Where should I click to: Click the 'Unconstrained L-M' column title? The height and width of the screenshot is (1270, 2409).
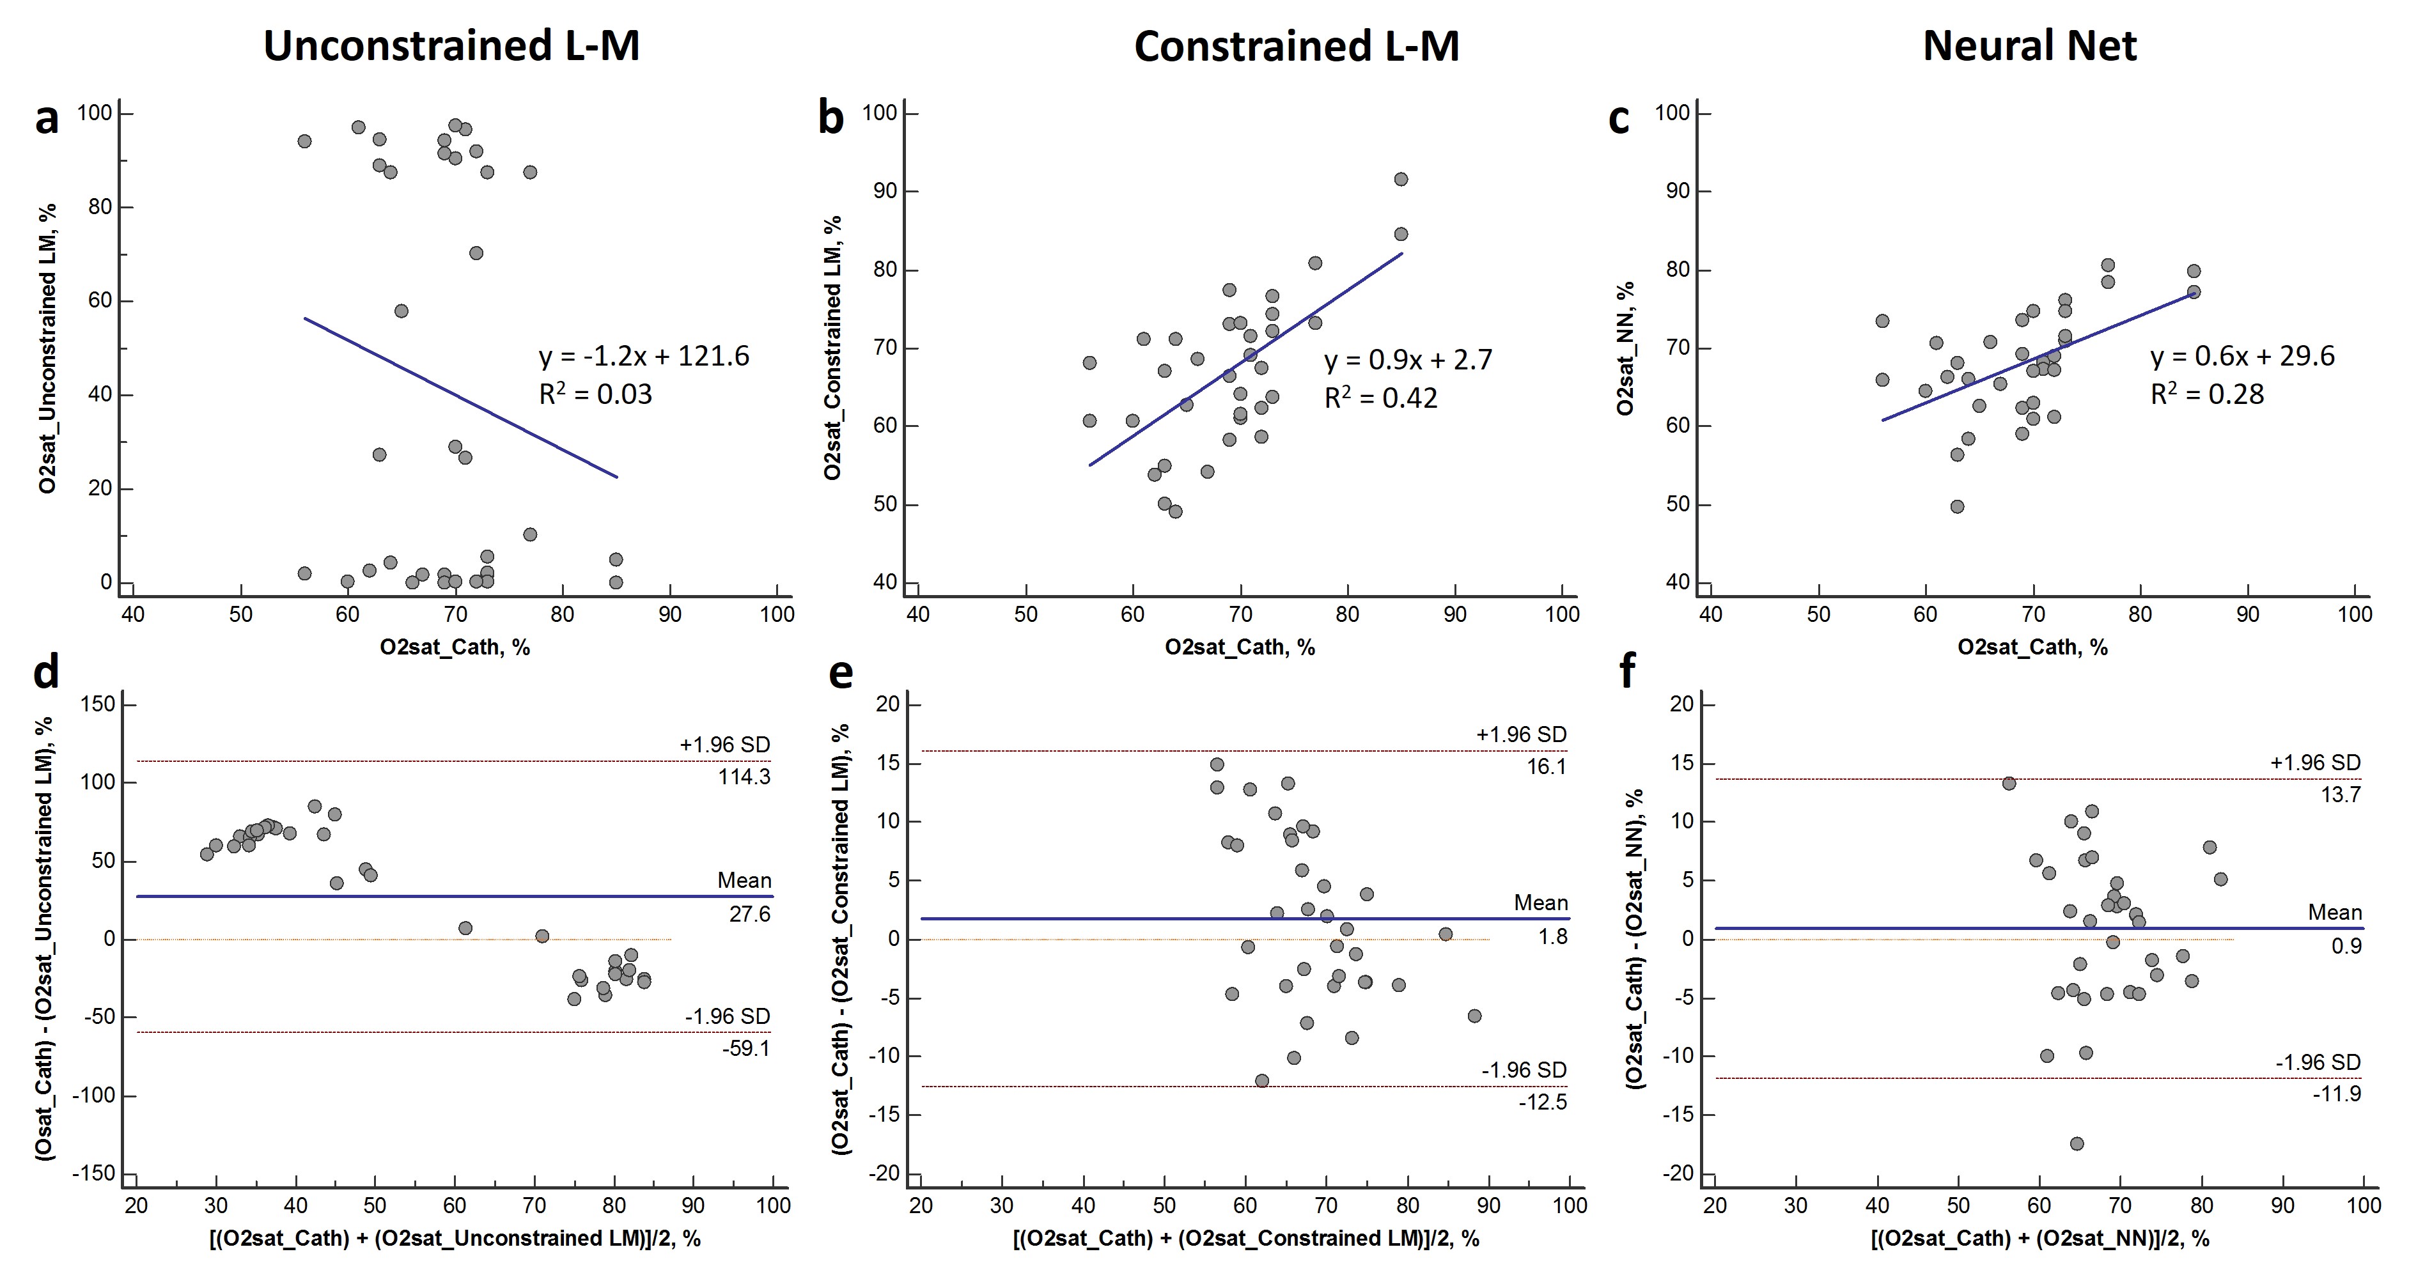[451, 46]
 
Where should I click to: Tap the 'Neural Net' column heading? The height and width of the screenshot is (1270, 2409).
[2029, 46]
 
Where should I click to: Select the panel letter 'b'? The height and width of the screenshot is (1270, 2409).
[830, 119]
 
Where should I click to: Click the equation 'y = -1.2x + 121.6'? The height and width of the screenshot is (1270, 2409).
[643, 356]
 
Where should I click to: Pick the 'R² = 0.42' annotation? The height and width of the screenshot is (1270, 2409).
[1380, 398]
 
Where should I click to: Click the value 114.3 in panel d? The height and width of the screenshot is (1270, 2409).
[744, 776]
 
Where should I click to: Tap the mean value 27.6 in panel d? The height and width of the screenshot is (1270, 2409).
[749, 914]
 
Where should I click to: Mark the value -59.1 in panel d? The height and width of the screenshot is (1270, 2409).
[745, 1048]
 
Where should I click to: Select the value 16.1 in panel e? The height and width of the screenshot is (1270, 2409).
[1547, 767]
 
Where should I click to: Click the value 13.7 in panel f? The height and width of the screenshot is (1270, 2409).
[2341, 795]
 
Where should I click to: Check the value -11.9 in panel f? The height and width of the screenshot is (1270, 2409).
[2336, 1092]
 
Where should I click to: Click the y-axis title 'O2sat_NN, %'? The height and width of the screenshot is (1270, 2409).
[1625, 348]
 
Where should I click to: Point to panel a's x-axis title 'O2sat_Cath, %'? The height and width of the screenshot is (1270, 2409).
[455, 647]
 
